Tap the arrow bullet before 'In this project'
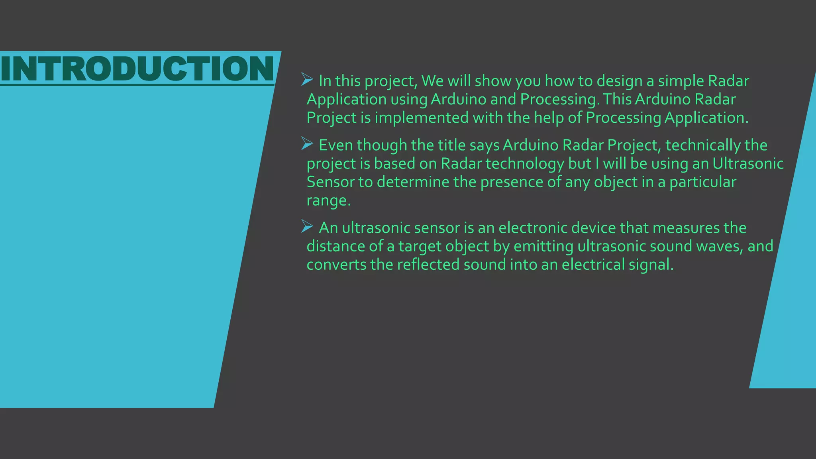point(307,79)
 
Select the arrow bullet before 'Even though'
point(307,143)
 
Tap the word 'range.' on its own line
point(328,200)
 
